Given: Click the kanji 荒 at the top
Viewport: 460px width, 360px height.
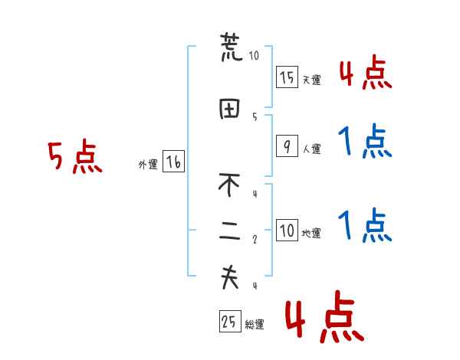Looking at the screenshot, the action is (x=231, y=48).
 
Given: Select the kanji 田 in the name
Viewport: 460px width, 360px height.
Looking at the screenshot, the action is (x=230, y=110).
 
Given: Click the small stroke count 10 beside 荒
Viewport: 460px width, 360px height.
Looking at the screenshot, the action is (x=254, y=55).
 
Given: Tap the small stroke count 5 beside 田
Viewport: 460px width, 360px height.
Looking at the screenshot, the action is (x=254, y=116).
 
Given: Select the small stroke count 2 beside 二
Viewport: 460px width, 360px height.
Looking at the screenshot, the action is (x=254, y=239).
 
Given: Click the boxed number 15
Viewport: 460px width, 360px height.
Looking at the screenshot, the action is (x=287, y=77).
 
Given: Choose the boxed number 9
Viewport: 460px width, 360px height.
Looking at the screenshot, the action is (x=287, y=146).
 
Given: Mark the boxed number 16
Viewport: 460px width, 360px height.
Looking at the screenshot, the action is (x=173, y=162).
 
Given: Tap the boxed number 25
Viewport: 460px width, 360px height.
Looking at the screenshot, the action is (x=228, y=322).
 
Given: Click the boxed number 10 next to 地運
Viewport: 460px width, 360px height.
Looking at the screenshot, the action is (x=287, y=231).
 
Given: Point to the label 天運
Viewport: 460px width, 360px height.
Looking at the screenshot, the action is (x=311, y=80).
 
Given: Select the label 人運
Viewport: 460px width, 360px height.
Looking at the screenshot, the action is (x=311, y=148).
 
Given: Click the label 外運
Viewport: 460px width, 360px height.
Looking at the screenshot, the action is (x=148, y=164).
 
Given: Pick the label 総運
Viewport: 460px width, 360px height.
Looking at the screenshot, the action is (x=255, y=325).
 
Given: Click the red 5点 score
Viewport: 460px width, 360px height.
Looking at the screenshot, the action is (x=75, y=158).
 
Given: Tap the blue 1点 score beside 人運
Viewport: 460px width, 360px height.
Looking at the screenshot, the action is (x=365, y=142).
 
